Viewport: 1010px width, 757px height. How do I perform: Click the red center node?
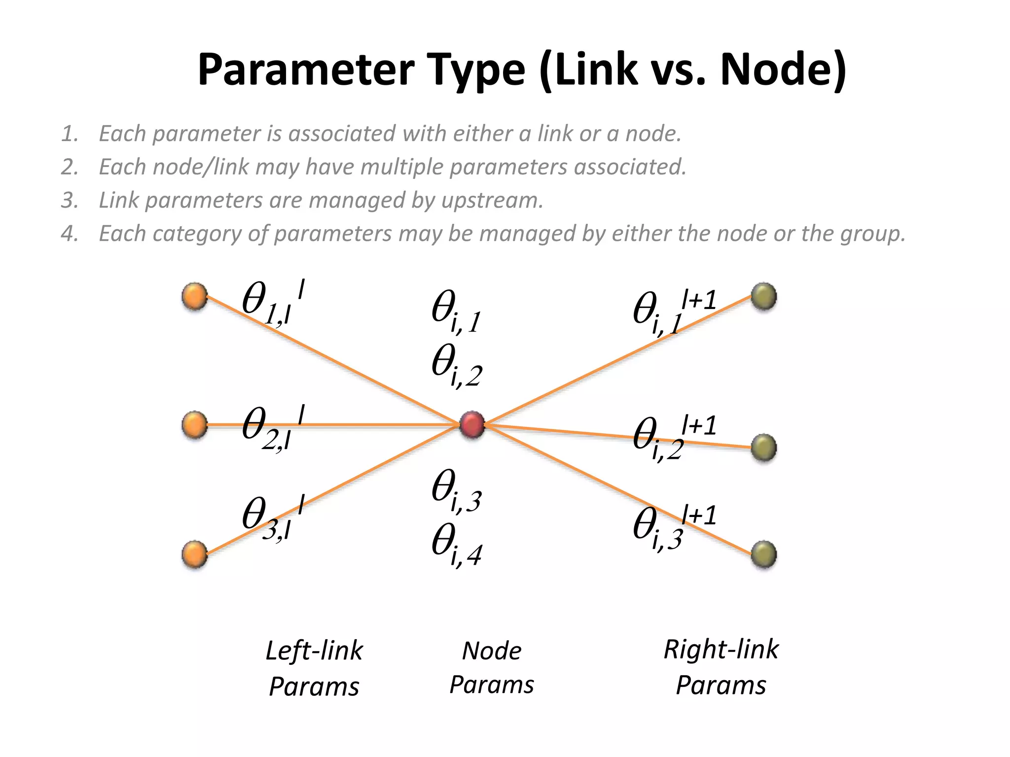pos(472,424)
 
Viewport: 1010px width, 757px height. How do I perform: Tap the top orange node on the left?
pos(194,297)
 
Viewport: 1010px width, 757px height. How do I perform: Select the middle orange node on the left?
pos(194,425)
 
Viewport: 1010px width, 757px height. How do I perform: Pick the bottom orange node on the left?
pos(194,554)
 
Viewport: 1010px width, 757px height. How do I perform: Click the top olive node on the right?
pos(763,297)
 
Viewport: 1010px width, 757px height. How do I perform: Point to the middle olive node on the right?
pos(763,448)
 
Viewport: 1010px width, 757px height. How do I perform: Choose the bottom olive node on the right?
pos(763,554)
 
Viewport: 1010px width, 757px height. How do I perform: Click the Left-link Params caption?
pos(314,668)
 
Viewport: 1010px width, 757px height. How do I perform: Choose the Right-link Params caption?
pos(721,667)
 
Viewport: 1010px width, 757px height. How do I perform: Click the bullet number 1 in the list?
pos(70,134)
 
